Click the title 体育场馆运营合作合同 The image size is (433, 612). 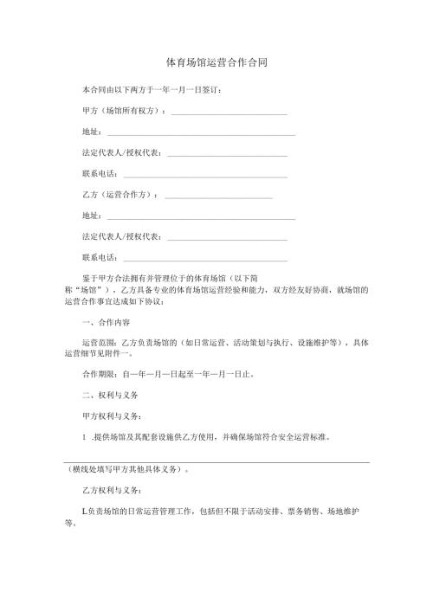pyautogui.click(x=216, y=63)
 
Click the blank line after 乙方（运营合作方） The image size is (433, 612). pyautogui.click(x=218, y=196)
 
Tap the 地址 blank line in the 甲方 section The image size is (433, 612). pyautogui.click(x=200, y=134)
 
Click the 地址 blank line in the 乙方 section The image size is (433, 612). pyautogui.click(x=200, y=217)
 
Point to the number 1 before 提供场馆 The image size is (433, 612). pyautogui.click(x=83, y=436)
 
